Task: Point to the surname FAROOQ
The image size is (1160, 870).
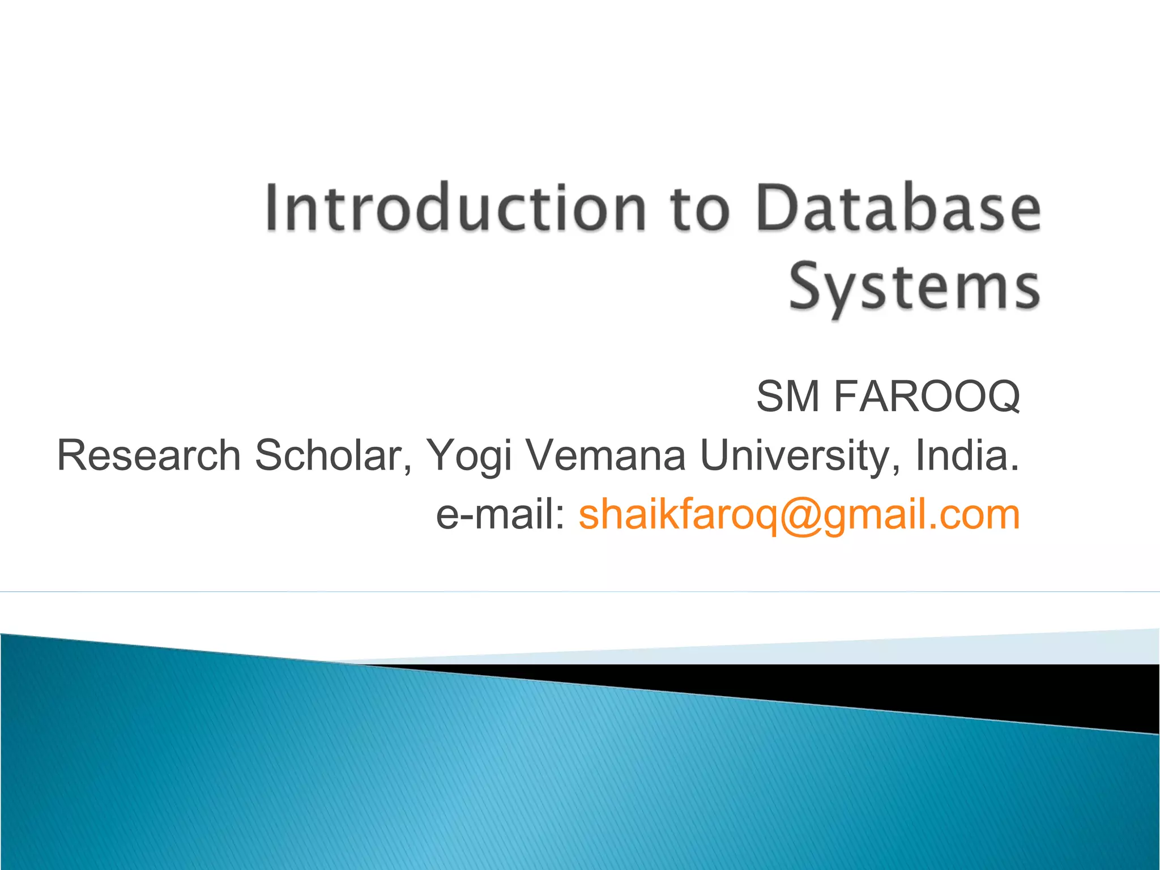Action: tap(927, 396)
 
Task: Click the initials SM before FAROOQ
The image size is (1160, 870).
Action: tap(788, 396)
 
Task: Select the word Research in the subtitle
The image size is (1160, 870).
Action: tap(149, 455)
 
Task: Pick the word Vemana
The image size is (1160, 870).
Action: tap(606, 455)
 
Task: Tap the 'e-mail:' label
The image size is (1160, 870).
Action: tap(501, 515)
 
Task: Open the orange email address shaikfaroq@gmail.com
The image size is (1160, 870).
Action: tap(799, 515)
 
